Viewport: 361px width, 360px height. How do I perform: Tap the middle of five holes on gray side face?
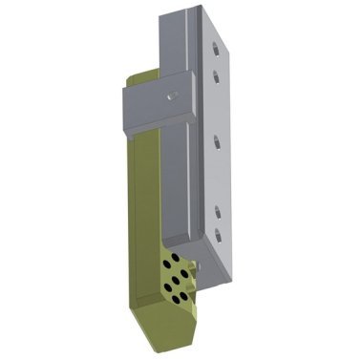coord(219,140)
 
